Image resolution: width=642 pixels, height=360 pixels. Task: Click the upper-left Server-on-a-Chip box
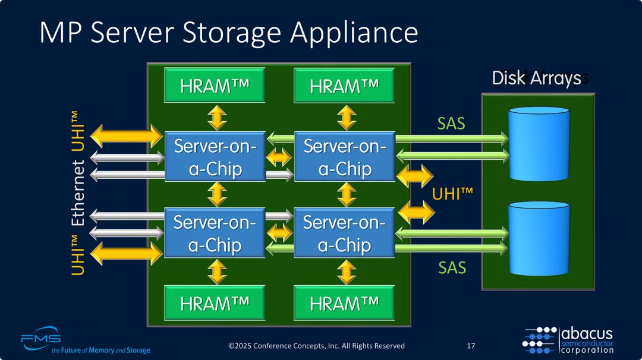click(215, 157)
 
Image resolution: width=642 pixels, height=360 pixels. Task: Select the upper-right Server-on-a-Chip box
click(345, 157)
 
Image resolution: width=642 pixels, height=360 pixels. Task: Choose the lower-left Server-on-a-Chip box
click(215, 233)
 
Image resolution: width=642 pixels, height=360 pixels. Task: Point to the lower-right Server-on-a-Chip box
click(345, 233)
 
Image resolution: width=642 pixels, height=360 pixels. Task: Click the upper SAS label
click(451, 124)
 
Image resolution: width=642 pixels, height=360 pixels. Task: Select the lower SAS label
click(452, 267)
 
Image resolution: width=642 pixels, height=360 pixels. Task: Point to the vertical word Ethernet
click(78, 193)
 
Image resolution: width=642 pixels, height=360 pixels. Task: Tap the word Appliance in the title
click(354, 33)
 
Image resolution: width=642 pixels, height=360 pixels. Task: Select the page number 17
click(471, 346)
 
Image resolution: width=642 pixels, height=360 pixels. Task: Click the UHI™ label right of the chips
click(452, 194)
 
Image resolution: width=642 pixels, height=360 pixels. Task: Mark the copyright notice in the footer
click(317, 346)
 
